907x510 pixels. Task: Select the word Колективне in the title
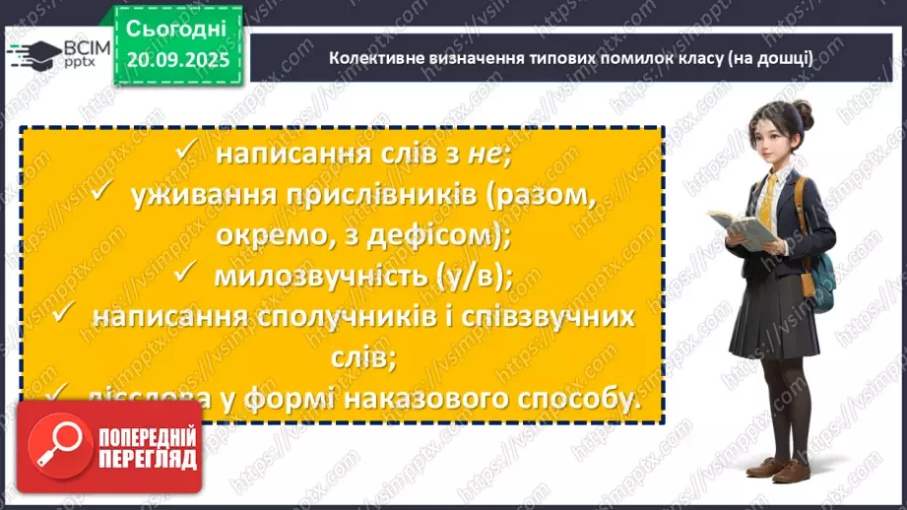click(x=373, y=58)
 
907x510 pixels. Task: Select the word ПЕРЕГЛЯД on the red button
click(x=148, y=459)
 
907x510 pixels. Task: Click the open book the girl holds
click(x=740, y=228)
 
